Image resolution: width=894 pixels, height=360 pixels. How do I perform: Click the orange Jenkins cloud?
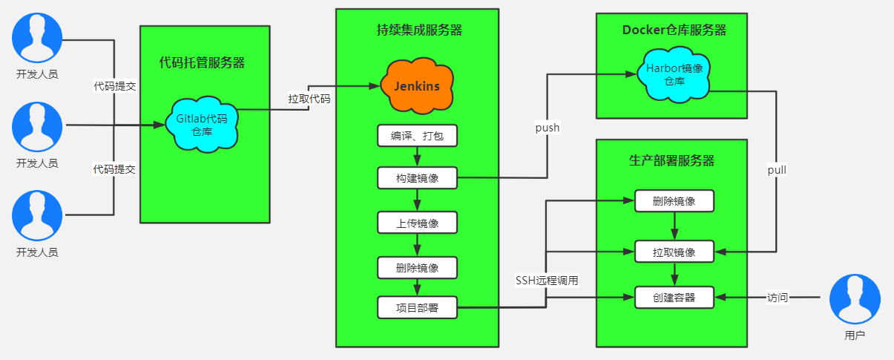click(x=416, y=86)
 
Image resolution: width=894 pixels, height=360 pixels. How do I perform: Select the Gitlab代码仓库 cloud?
click(x=201, y=124)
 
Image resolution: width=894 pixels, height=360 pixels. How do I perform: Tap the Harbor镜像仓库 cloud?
click(x=674, y=74)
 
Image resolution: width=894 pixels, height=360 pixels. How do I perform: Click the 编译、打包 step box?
click(x=417, y=136)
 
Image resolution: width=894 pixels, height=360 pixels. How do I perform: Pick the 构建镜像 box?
click(x=417, y=178)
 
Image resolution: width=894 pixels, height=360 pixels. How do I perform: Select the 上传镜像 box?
click(x=417, y=223)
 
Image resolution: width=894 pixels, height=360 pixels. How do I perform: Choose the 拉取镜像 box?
click(x=674, y=252)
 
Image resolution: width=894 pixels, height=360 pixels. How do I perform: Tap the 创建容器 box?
click(x=674, y=298)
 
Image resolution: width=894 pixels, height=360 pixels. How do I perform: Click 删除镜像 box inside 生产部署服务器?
click(x=674, y=201)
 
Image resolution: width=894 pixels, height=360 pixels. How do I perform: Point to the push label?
click(x=548, y=128)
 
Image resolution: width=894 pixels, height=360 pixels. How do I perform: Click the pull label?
click(x=777, y=170)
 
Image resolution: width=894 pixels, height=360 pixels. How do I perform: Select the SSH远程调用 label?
click(x=547, y=281)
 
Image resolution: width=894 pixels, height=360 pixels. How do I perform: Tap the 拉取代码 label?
click(x=309, y=98)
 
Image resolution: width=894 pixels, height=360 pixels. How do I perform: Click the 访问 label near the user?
click(x=778, y=298)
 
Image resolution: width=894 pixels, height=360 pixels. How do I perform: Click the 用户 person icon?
click(x=854, y=300)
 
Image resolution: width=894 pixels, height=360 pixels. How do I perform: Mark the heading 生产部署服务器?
click(x=671, y=161)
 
